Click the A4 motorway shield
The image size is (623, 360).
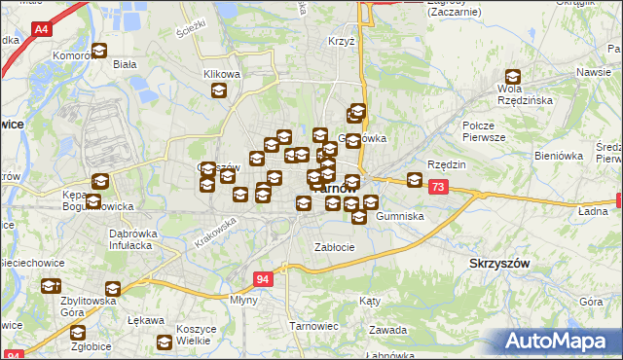point(43,30)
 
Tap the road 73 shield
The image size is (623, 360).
point(438,187)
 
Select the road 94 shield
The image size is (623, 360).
point(262,279)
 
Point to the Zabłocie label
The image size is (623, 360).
point(334,247)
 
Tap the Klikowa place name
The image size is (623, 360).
point(221,74)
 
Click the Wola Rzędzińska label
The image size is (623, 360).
point(526,93)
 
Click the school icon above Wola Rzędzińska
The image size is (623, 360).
point(513,77)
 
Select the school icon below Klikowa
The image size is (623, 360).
point(219,91)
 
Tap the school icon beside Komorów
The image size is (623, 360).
point(98,53)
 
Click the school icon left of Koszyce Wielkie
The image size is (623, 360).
point(165,342)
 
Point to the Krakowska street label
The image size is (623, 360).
point(215,232)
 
